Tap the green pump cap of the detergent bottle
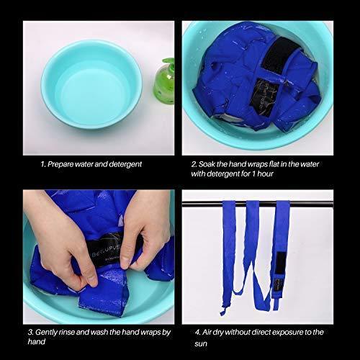[168, 63]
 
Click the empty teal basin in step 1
[91, 84]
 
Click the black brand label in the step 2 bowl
[264, 96]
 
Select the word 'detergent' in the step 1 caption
[125, 164]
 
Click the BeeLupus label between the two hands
[106, 250]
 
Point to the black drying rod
[257, 204]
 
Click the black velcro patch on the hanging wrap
[280, 263]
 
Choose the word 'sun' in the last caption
[201, 344]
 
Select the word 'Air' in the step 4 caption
[207, 333]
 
